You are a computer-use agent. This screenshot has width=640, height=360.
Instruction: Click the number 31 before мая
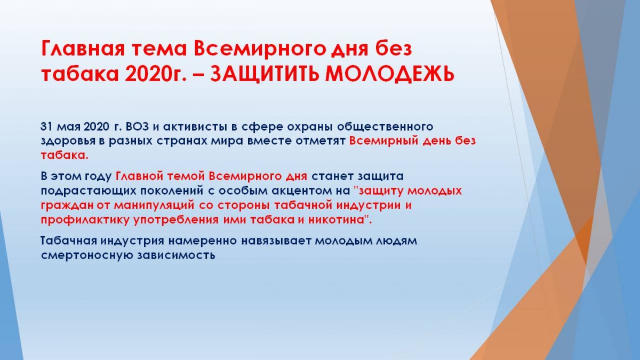47,126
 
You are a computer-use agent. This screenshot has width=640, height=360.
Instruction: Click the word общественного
385,127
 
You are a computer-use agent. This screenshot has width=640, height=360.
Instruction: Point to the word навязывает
276,242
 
